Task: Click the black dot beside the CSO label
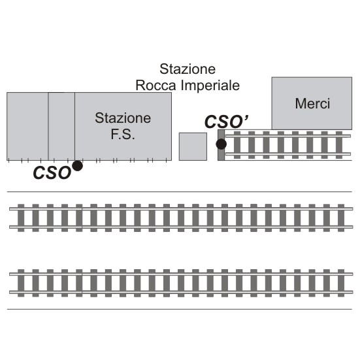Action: (77, 166)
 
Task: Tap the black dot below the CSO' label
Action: (221, 144)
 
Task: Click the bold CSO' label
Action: (226, 122)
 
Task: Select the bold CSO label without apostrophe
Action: (52, 172)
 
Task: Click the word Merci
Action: (312, 103)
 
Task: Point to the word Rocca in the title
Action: (156, 86)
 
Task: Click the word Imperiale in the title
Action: (210, 86)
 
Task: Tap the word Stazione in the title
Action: (188, 69)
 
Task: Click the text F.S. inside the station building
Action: (123, 135)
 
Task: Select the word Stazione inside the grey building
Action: (123, 118)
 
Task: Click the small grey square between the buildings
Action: (193, 146)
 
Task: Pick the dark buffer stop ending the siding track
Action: (221, 145)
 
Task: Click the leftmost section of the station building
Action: (27, 126)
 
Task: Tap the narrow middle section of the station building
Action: (61, 126)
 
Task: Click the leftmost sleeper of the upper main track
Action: (21, 218)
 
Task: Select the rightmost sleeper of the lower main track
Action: (341, 283)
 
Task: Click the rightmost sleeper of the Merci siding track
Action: (339, 145)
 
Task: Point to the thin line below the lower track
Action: (179, 309)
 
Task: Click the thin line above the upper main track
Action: (179, 191)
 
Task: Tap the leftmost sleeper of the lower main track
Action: (21, 283)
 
